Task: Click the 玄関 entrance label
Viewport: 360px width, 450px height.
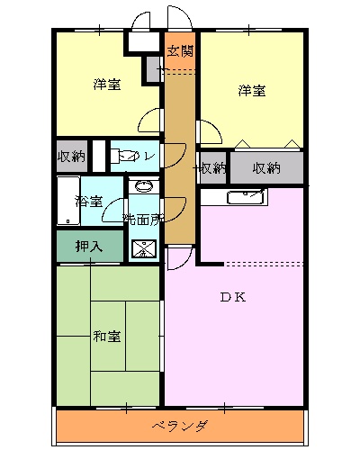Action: point(180,50)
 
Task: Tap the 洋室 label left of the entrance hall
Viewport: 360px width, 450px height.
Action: point(107,85)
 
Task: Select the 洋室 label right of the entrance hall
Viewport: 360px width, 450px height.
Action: point(252,91)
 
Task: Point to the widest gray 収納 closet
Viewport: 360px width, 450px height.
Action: point(265,167)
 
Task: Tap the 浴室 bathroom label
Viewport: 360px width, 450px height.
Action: point(88,200)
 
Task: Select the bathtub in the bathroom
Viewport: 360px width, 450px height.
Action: point(68,200)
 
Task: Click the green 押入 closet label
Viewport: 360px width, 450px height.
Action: point(88,245)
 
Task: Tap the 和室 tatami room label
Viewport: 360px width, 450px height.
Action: point(107,337)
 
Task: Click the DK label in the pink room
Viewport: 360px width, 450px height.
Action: point(234,298)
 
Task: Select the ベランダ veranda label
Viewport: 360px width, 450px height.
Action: point(180,426)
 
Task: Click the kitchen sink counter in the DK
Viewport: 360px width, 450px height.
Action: point(246,199)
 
